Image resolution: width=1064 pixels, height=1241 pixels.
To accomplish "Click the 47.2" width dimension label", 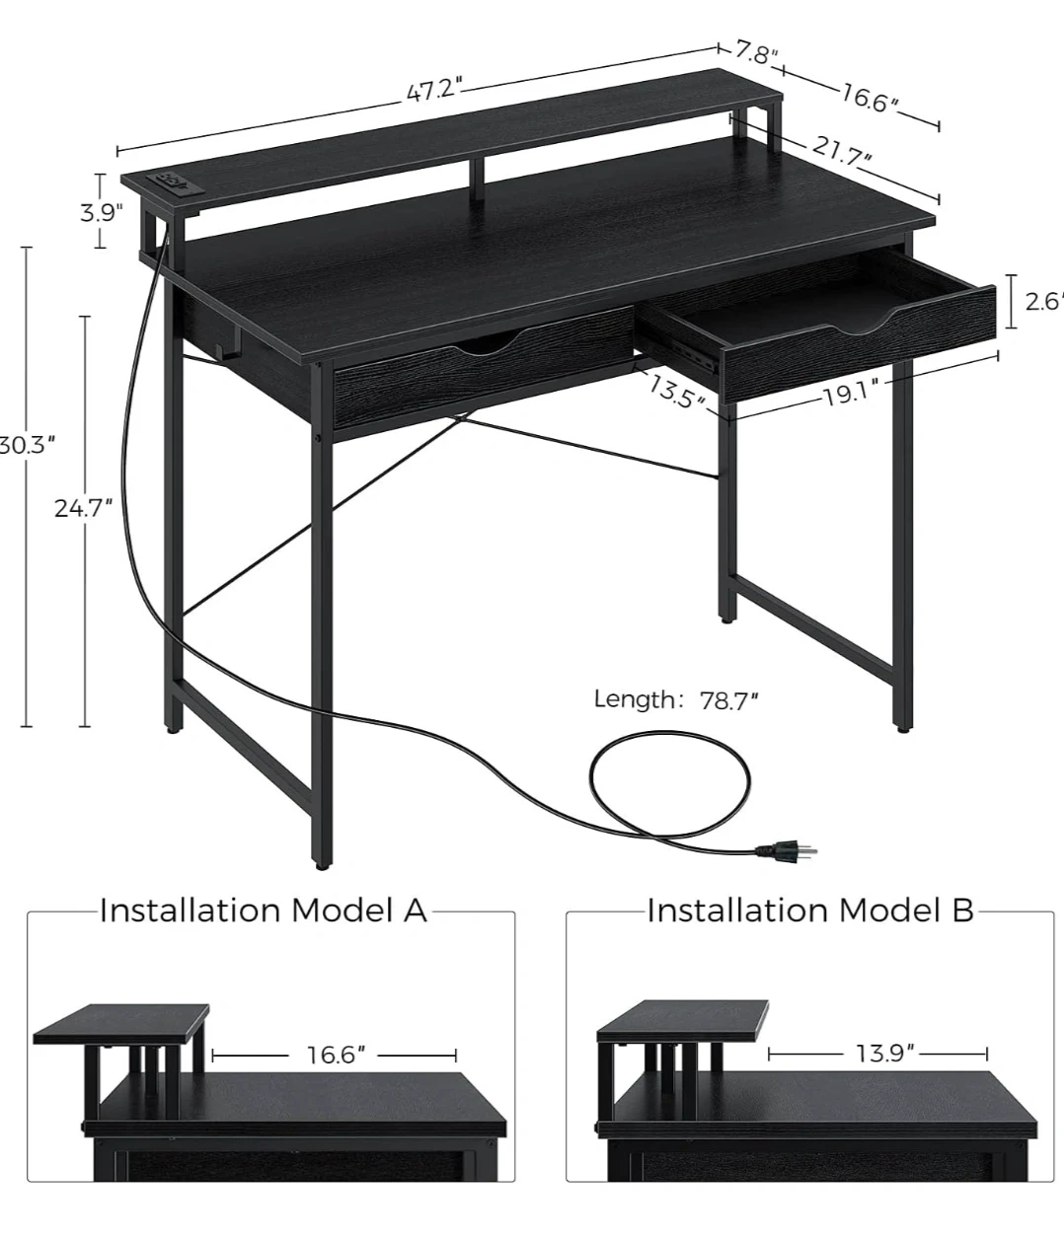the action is click(x=434, y=90).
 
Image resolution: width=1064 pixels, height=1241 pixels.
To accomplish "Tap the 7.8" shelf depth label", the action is click(x=756, y=53).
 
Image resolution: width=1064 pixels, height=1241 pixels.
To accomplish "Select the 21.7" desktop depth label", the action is click(x=842, y=151).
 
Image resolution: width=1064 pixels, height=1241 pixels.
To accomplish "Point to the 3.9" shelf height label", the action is click(x=101, y=212).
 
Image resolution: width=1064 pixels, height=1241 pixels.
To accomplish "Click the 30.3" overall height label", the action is click(x=27, y=445).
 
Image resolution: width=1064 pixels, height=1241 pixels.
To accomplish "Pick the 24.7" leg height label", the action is click(x=83, y=508).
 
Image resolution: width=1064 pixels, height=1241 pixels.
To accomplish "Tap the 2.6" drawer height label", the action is click(x=1044, y=301).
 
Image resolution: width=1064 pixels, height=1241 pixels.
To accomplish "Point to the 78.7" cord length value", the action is click(x=728, y=700).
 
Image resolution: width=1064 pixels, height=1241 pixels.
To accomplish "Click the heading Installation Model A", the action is click(x=264, y=911).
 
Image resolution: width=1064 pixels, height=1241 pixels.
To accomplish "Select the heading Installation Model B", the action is click(x=810, y=911).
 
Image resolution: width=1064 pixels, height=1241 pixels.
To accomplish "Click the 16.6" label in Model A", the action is click(x=336, y=1055).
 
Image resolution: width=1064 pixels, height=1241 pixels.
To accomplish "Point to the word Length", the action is click(x=635, y=699).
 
